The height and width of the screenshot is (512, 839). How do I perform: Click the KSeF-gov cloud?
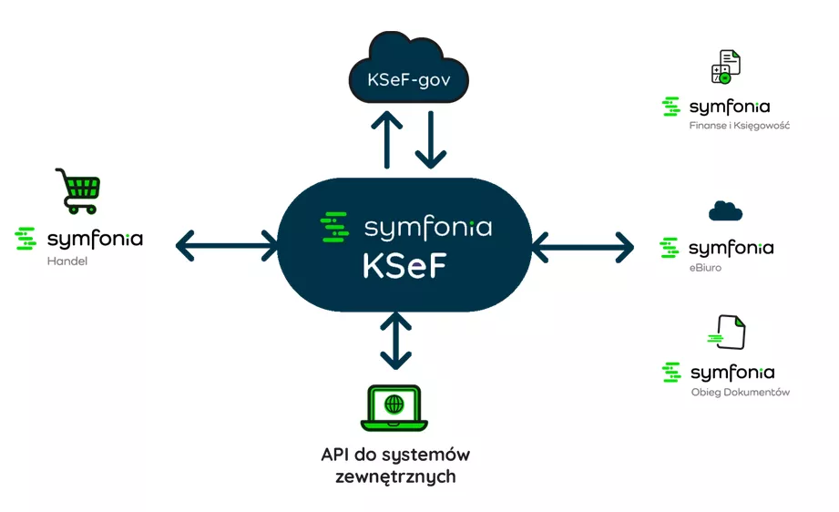(409, 73)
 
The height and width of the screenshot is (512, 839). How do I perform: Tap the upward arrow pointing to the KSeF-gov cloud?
(391, 138)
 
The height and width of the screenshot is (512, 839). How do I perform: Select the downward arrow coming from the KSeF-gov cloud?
(431, 138)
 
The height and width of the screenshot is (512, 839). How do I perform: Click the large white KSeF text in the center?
(404, 265)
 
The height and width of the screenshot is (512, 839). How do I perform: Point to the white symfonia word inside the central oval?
(427, 226)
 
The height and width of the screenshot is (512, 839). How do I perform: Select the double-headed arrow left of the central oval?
(228, 244)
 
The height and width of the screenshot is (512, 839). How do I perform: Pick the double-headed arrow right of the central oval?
(582, 245)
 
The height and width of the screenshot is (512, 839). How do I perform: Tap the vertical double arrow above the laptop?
(394, 340)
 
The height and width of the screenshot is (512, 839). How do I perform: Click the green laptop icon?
(394, 407)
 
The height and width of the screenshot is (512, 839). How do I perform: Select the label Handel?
(63, 261)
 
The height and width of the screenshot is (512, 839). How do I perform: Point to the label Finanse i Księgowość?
(739, 126)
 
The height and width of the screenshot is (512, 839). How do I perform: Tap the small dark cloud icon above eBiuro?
(725, 211)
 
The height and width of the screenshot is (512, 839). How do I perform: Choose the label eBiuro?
(705, 268)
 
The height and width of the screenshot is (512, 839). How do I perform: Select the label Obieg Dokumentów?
(740, 393)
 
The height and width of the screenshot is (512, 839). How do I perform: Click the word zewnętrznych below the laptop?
(395, 476)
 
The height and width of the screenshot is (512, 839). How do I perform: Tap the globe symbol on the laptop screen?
(394, 403)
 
